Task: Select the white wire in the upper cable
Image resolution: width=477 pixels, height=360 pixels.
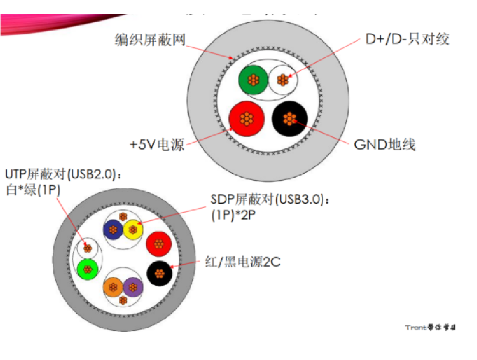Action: click(x=283, y=81)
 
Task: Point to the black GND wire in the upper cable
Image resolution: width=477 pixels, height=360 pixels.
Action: click(x=289, y=118)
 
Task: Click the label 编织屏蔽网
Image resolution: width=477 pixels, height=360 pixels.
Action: click(x=150, y=39)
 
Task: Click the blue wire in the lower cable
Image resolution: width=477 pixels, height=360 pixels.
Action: click(x=114, y=229)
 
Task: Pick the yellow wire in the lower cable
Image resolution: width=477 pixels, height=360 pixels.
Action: click(x=133, y=229)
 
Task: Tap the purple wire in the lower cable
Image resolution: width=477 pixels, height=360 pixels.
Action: click(x=132, y=287)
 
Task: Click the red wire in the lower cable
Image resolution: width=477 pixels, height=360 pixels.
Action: click(x=158, y=243)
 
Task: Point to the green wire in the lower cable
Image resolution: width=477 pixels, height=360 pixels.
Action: click(x=87, y=270)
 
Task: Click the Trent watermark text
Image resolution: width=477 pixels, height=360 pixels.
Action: click(x=431, y=328)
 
